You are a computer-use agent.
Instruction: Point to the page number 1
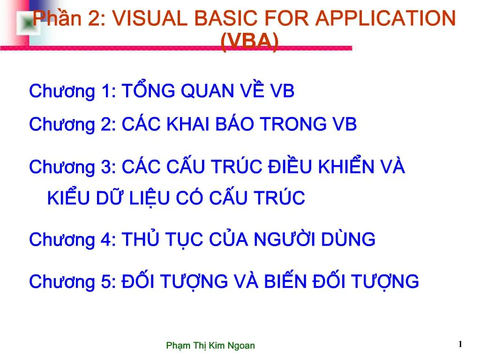(x=460, y=345)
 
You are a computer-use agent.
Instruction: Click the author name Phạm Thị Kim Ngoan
(x=210, y=346)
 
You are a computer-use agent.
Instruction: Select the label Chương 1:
(x=73, y=91)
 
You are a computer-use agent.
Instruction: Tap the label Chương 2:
(x=73, y=125)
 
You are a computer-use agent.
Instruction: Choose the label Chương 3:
(x=73, y=167)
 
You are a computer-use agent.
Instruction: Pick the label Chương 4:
(x=73, y=240)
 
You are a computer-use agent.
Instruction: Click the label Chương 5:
(x=73, y=282)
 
